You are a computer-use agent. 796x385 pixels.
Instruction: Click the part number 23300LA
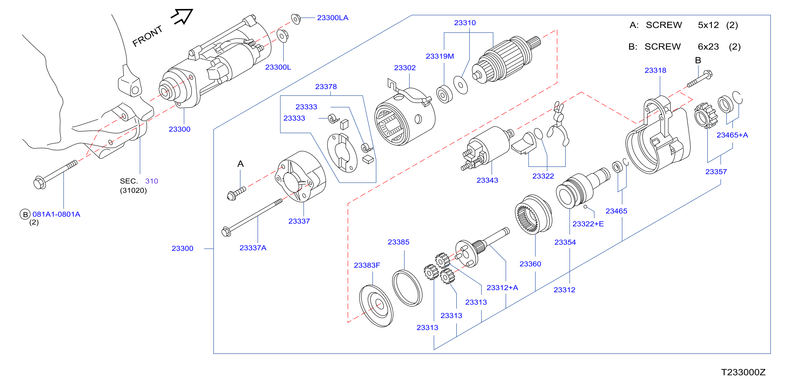[x=332, y=18]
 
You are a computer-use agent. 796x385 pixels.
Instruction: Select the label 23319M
[x=440, y=56]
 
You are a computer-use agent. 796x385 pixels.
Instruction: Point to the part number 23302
[x=405, y=68]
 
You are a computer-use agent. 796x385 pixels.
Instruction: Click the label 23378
[x=326, y=86]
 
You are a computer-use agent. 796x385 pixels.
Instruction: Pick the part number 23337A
[x=253, y=248]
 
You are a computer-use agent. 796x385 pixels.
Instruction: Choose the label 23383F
[x=367, y=265]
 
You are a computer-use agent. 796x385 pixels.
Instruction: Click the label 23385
[x=398, y=242]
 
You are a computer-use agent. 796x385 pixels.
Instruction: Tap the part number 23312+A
[x=502, y=288]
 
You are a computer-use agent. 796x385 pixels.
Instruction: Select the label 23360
[x=530, y=264]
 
